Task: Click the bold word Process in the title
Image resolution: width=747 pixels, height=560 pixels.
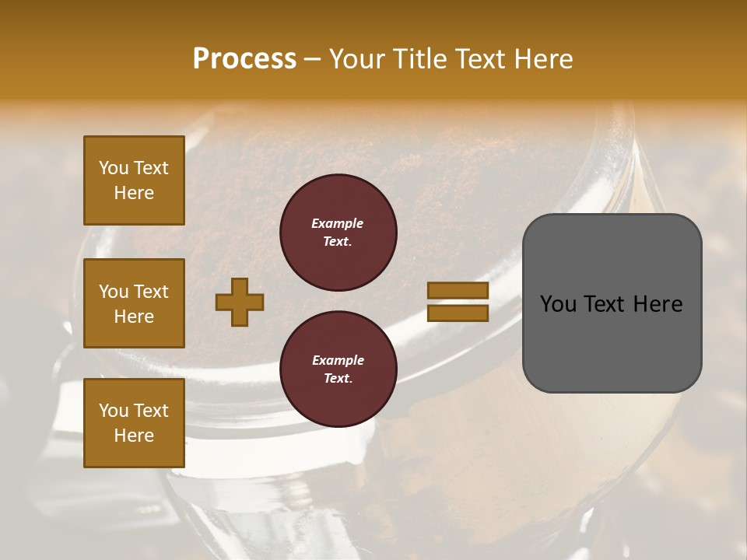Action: pos(244,59)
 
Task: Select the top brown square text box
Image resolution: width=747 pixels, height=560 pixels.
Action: pos(134,180)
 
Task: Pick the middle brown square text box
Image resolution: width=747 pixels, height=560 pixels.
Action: pos(134,303)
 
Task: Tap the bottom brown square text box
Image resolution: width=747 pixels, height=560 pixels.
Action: pos(134,423)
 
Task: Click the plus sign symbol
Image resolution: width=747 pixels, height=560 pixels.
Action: pos(240,302)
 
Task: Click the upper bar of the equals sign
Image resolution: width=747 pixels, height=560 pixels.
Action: pos(458,291)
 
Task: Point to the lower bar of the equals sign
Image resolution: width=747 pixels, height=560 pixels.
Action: pos(458,313)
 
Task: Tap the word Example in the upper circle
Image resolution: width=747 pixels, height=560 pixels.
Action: pos(338,223)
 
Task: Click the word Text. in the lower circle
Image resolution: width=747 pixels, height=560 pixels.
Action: pos(338,378)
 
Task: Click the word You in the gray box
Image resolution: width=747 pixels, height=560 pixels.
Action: pos(559,304)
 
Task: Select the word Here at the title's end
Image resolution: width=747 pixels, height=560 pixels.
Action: pos(544,59)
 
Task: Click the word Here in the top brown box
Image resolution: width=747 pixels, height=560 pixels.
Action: pos(134,193)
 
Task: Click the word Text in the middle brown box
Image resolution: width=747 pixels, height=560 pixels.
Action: pos(150,292)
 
